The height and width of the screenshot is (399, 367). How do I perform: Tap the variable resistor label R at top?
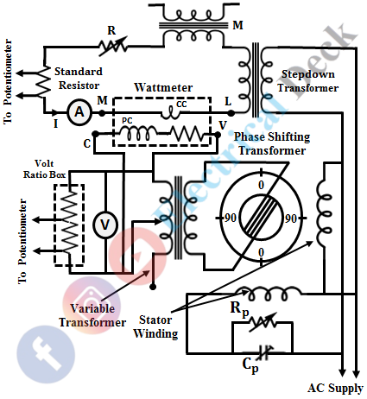coord(111,30)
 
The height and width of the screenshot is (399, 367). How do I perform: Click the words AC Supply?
coord(335,389)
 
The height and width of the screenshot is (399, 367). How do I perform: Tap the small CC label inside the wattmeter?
coord(181,104)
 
